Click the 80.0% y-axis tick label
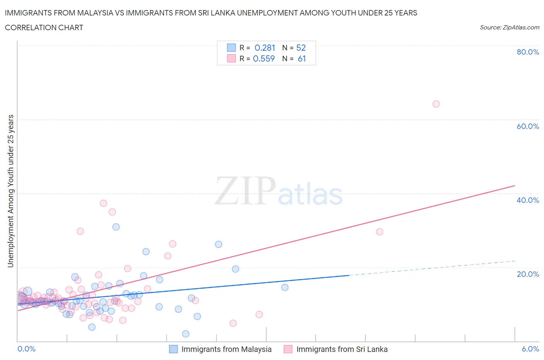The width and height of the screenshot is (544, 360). point(528,52)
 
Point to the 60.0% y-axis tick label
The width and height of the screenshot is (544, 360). point(528,126)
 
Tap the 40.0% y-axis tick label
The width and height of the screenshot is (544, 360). point(528,200)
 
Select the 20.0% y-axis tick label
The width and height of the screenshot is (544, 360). point(528,274)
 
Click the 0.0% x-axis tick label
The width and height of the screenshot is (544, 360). point(26,349)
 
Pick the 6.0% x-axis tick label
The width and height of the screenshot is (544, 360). point(530,349)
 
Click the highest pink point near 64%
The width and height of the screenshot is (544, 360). point(436,104)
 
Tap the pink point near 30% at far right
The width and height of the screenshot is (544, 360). point(380,231)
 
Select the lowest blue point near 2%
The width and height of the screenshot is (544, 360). point(186,334)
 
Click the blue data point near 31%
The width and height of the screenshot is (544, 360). point(116,227)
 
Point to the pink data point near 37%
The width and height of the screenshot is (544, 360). point(103,203)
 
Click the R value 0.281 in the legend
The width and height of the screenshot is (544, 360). point(265,48)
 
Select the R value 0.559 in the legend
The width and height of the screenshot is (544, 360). point(264,58)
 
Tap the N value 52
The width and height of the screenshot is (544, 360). point(301,48)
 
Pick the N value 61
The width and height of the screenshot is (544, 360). point(302,58)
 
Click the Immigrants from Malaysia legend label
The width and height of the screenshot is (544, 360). point(226,349)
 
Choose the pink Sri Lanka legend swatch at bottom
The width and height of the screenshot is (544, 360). point(288,349)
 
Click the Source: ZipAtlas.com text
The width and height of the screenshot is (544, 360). point(509,27)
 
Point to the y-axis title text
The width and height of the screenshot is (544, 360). point(11,191)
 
